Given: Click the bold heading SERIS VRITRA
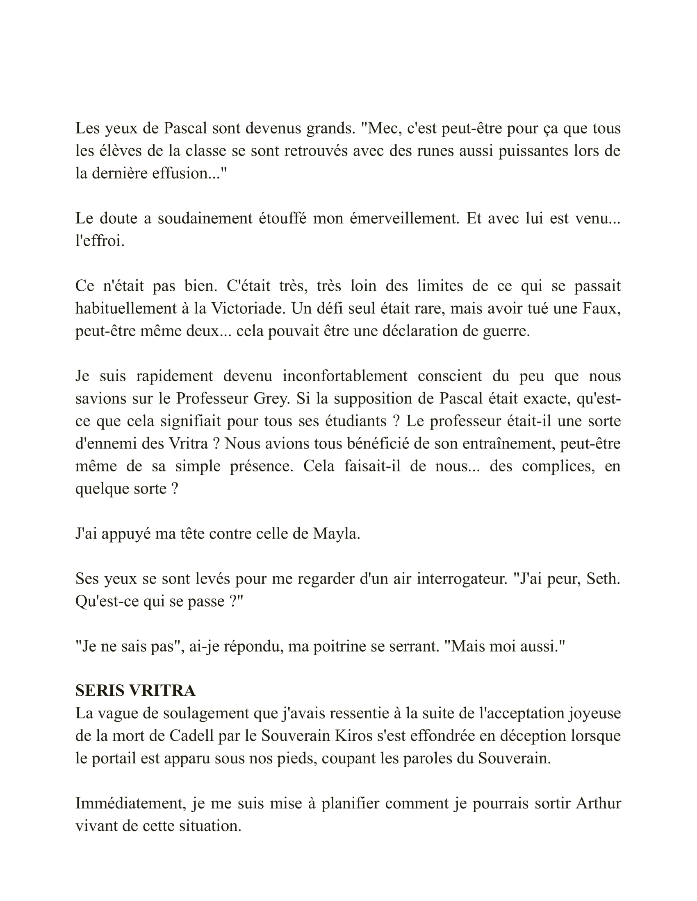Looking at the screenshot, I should click(x=135, y=690).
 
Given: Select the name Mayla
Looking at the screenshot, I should click(x=336, y=534).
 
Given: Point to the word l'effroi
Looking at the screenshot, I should click(x=100, y=240).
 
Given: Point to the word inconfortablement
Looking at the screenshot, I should click(x=345, y=376).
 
